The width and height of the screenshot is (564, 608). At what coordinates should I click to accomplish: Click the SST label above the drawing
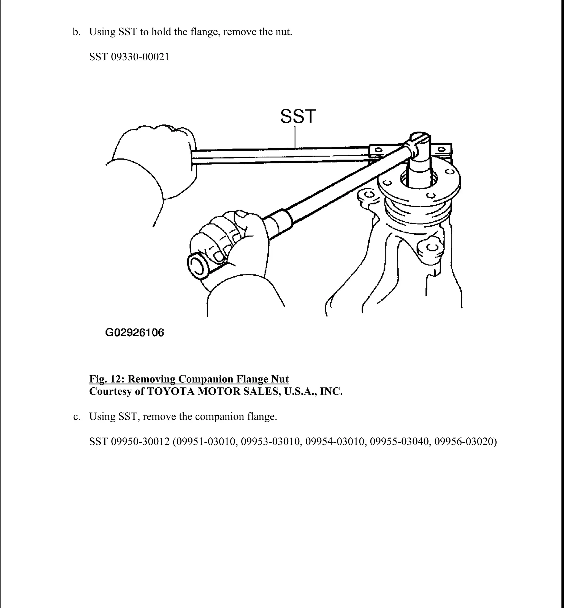point(298,116)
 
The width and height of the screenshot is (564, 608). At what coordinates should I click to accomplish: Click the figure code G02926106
point(135,332)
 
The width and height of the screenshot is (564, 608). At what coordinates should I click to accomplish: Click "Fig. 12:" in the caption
point(107,379)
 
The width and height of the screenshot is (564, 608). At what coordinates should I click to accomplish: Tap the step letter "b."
point(77,32)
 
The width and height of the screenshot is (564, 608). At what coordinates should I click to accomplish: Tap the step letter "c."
point(77,417)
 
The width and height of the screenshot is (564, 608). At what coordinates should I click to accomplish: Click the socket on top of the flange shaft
point(420,143)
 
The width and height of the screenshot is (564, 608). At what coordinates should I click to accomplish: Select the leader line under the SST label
point(295,137)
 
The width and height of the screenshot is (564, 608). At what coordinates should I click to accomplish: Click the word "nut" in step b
point(282,32)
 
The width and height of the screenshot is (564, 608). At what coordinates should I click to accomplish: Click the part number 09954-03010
point(336,441)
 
